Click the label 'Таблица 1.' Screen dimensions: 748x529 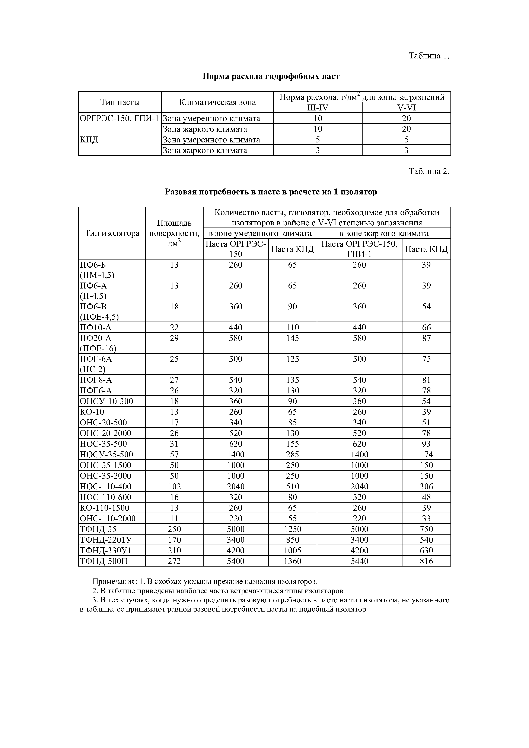(429, 56)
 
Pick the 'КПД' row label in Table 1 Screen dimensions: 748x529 (89, 140)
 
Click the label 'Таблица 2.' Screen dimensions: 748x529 (429, 171)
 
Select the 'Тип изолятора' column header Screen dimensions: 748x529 (112, 233)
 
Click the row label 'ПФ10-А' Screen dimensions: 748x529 (96, 328)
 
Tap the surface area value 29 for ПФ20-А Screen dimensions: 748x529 (174, 338)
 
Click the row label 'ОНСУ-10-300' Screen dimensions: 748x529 (106, 401)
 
